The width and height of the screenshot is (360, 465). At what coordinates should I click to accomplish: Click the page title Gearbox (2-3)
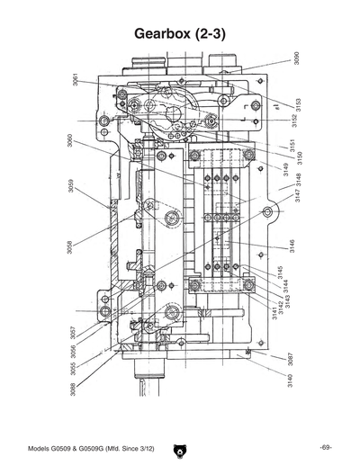point(180,33)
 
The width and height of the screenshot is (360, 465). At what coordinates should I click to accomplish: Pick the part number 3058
point(69,246)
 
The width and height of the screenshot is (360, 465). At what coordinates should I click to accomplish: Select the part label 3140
point(290,381)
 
